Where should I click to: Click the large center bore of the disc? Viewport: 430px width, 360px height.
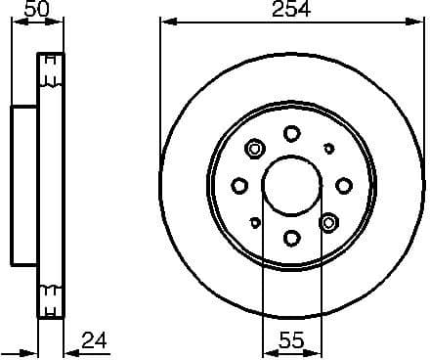tap(291, 185)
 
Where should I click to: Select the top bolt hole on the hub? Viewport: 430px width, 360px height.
tap(291, 133)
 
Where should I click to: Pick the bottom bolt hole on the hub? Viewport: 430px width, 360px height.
tap(291, 237)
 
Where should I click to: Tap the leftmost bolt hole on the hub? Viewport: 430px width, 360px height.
tap(239, 185)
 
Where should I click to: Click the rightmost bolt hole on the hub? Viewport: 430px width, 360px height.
tap(343, 185)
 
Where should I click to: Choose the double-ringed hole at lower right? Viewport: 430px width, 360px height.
tap(328, 221)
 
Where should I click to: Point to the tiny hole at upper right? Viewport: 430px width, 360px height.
tap(327, 148)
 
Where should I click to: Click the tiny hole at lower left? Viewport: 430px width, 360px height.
tap(255, 222)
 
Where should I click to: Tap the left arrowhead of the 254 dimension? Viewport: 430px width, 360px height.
tap(165, 22)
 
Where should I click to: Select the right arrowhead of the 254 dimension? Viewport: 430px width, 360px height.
tap(418, 22)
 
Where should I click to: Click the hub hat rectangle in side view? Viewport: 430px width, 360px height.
tap(24, 185)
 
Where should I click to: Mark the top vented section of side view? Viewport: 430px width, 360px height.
tap(49, 78)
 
